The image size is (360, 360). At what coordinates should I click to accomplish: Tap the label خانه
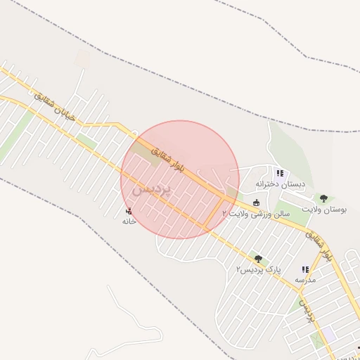[128, 221]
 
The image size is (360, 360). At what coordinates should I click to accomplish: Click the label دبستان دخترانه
[280, 184]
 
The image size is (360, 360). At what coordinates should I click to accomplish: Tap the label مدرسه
[305, 280]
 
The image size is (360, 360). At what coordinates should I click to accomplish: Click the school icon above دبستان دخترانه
[280, 173]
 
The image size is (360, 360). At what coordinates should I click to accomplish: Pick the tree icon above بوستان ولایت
[323, 199]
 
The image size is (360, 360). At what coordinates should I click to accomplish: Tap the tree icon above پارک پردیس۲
[258, 259]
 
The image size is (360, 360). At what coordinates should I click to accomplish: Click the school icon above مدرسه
[305, 269]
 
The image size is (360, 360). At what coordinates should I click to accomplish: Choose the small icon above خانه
[128, 210]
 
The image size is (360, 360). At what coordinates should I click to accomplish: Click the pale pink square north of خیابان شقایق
[83, 58]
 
